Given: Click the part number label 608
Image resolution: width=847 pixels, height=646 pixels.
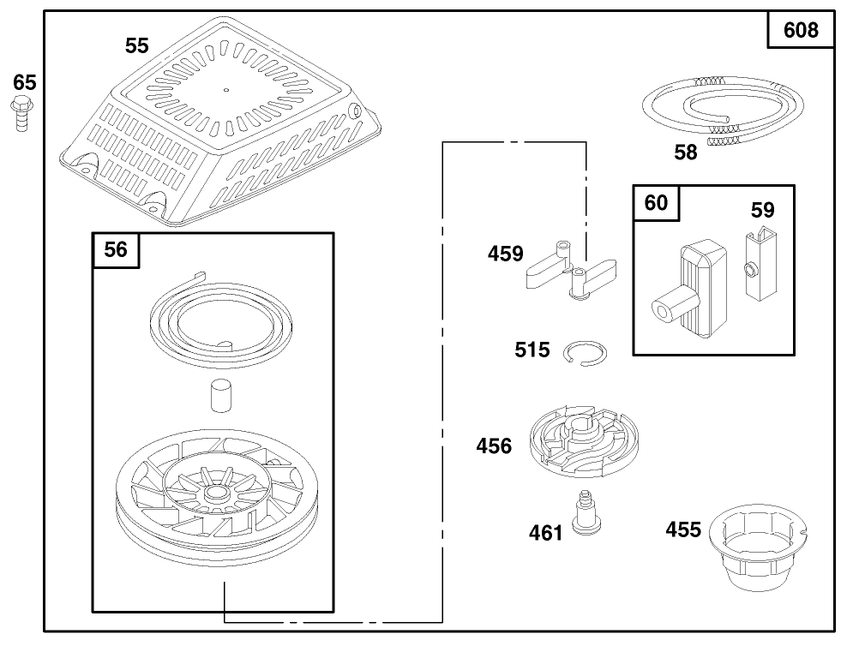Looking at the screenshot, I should [801, 31].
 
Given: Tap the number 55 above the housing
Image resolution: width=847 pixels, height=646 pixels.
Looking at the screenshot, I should [137, 46].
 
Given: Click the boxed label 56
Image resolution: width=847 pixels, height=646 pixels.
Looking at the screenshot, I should [116, 249].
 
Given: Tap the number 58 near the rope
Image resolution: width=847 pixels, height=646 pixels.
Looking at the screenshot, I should [686, 153].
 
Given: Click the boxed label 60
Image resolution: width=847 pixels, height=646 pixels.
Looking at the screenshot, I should [655, 203].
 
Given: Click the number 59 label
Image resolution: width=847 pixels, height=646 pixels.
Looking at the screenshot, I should [762, 210].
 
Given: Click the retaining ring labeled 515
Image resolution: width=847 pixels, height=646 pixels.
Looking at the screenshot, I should [586, 353].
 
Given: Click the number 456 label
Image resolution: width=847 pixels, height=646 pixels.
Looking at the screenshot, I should [495, 446].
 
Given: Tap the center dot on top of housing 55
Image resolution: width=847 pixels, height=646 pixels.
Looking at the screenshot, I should [225, 88].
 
